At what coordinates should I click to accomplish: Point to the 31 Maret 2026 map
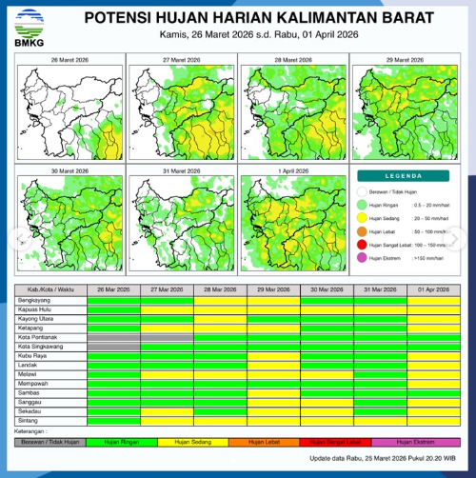[x=181, y=224]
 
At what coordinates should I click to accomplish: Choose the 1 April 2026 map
[x=293, y=224]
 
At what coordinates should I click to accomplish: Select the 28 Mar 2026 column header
[x=220, y=289]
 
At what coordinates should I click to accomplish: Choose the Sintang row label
[x=28, y=419]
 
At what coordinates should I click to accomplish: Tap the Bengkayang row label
[x=34, y=299]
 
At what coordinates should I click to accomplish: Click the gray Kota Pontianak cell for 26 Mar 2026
[x=113, y=336]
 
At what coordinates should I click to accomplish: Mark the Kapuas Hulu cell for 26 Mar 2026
[x=113, y=309]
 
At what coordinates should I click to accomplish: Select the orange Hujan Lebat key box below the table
[x=271, y=441]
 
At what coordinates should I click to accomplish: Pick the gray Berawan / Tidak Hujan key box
[x=47, y=441]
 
